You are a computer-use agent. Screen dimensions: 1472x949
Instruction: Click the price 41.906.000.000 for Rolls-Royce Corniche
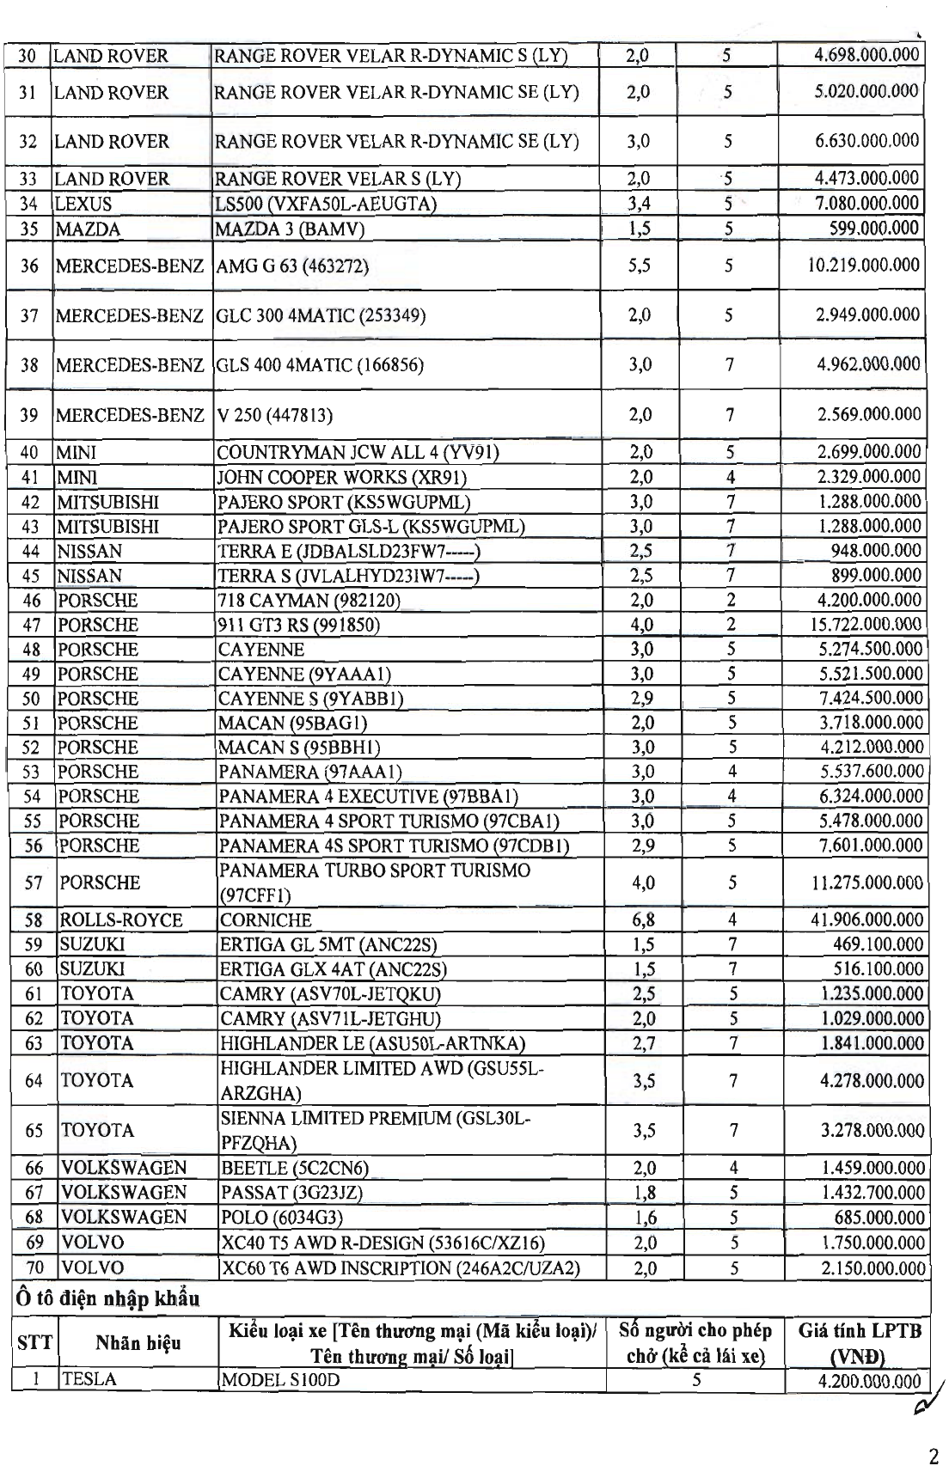tap(866, 919)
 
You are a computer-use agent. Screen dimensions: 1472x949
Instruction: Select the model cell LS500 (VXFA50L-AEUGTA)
tap(326, 204)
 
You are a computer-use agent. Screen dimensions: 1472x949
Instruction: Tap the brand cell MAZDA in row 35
tap(87, 229)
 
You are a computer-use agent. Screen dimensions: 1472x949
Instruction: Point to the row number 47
tap(32, 625)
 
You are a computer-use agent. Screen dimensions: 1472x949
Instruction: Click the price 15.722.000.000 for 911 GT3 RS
tap(866, 625)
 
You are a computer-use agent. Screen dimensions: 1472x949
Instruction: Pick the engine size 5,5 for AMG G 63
tap(639, 266)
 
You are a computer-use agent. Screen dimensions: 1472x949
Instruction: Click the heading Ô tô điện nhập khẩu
tap(106, 1298)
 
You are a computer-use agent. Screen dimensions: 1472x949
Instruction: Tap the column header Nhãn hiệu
tap(138, 1342)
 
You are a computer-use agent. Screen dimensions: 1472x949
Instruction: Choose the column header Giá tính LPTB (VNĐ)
tap(859, 1343)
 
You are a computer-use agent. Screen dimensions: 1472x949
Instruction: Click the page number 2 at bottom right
tap(934, 1457)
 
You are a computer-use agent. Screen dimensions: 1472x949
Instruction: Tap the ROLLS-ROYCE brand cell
tap(120, 920)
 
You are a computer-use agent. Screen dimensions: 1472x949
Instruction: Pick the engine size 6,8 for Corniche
tap(643, 919)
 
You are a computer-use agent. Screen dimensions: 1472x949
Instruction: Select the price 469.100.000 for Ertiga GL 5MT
tap(879, 944)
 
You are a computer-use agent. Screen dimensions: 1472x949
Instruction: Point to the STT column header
tap(34, 1342)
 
